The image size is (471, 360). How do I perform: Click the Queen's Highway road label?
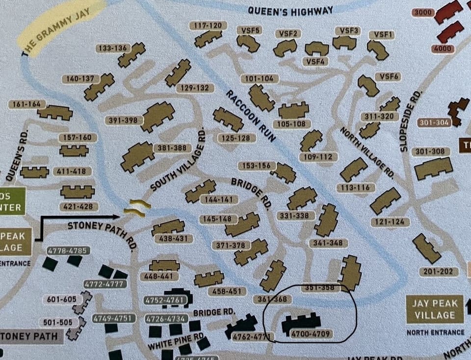290,10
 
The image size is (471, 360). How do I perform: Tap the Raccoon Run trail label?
250,116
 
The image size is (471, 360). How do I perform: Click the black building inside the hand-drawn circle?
301,322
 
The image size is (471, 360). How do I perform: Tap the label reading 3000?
423,12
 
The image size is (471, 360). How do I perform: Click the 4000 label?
443,49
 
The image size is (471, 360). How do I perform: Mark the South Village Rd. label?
179,160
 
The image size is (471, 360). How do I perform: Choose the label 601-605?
60,299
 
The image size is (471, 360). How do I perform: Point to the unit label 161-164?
27,104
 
